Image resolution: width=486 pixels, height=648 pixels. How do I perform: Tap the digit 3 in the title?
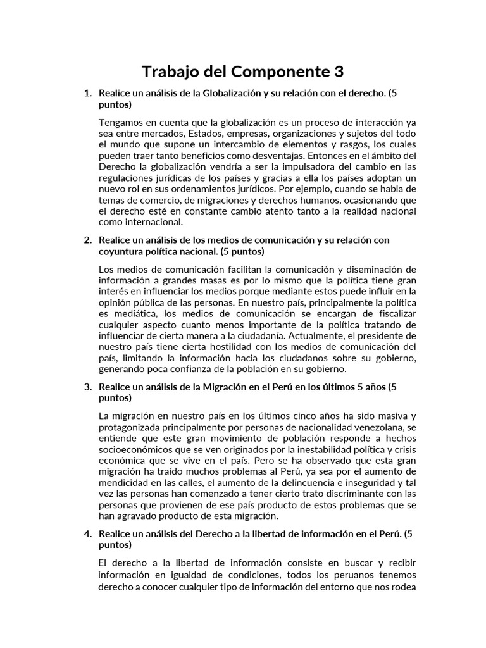tap(338, 71)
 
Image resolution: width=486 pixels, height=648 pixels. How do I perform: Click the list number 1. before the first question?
tap(88, 93)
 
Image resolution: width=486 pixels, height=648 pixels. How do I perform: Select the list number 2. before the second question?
tap(88, 240)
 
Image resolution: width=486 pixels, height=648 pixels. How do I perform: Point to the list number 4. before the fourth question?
tap(88, 533)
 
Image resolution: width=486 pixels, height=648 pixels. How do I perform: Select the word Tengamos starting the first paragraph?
tap(120, 122)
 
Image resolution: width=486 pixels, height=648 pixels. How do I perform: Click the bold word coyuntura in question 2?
tap(120, 251)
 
